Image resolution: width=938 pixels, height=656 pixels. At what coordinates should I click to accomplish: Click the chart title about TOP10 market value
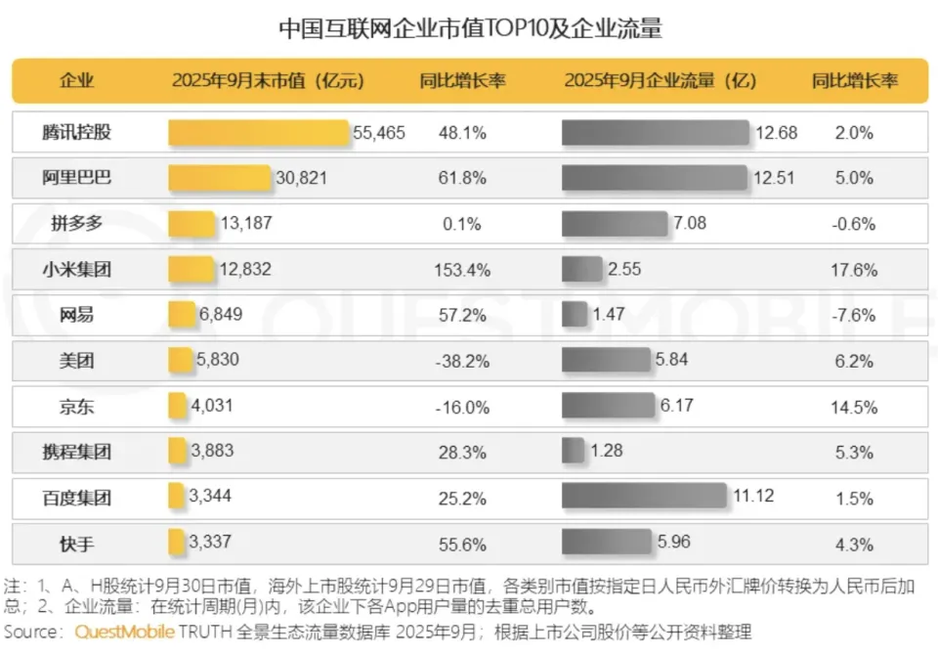tap(469, 27)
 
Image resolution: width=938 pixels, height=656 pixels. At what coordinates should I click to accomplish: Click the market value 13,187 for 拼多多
tap(246, 224)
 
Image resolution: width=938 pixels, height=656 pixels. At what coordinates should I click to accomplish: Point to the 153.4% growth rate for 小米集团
tap(461, 270)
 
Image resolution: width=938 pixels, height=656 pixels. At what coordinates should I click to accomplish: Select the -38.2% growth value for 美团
tap(461, 361)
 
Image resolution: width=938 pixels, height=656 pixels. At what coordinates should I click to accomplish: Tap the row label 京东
tap(77, 407)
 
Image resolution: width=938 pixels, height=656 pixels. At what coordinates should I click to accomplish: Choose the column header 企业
tap(77, 81)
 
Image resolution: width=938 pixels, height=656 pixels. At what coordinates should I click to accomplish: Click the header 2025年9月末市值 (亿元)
tap(268, 81)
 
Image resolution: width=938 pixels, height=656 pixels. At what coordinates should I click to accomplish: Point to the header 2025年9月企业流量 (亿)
tap(660, 81)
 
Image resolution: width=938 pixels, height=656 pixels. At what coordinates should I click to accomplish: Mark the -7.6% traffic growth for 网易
tap(854, 316)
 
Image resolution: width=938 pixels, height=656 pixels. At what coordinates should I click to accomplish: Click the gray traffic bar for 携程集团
tap(574, 452)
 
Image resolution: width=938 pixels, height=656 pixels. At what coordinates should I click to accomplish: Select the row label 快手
tap(77, 544)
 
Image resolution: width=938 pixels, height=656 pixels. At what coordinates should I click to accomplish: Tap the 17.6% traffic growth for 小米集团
tap(854, 270)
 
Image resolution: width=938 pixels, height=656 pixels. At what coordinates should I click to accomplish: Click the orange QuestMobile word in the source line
tap(126, 632)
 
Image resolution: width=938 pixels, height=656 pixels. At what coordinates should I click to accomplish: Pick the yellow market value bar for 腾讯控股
tap(258, 132)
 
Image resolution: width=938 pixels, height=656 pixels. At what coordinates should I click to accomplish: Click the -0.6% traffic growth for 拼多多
tap(854, 224)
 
